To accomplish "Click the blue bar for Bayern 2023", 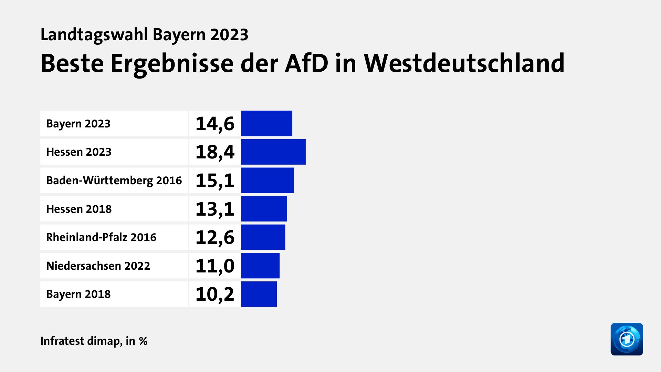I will [266, 123].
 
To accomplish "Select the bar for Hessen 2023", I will [273, 152].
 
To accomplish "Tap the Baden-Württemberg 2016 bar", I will [267, 180].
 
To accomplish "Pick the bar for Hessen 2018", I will [264, 209].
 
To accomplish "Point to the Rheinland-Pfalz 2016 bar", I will [263, 237].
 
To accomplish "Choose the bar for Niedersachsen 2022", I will [260, 266].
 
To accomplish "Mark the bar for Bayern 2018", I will [259, 294].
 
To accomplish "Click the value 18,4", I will [215, 152].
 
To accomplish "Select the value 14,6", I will [215, 123].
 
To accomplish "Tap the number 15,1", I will [215, 180].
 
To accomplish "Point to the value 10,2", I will [215, 294].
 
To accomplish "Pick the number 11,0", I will [215, 266].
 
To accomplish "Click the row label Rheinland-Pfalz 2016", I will [101, 237].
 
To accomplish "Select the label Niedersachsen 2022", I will [98, 266].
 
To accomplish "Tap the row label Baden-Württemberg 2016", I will [114, 180].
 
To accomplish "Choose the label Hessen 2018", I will [79, 209].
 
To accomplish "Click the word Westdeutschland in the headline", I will [464, 63].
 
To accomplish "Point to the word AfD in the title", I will [306, 63].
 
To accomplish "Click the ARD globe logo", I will [627, 339].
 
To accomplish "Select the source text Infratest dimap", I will [81, 341].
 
